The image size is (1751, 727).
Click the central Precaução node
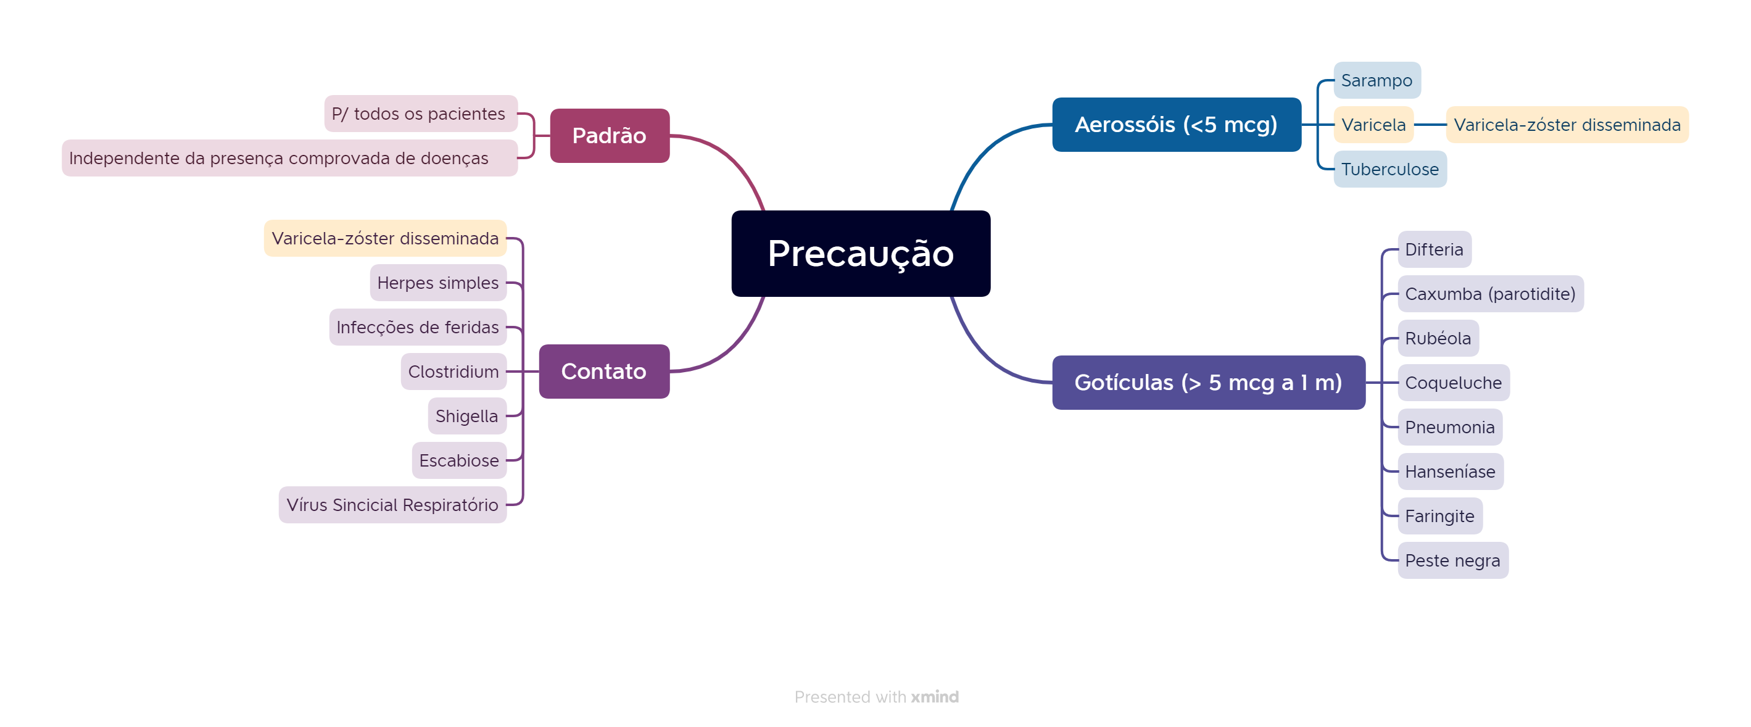click(861, 254)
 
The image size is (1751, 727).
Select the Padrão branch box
click(610, 135)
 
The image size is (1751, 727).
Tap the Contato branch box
click(604, 372)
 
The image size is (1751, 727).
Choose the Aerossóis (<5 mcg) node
click(1177, 125)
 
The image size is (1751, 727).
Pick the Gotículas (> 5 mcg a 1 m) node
click(1209, 382)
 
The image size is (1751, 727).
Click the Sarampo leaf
click(1377, 80)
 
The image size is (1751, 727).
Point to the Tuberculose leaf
click(1390, 169)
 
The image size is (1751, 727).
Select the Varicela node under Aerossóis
click(1374, 125)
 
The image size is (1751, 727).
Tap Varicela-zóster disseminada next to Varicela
click(1567, 125)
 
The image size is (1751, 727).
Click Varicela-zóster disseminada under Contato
click(386, 238)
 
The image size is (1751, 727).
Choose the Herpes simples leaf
click(439, 282)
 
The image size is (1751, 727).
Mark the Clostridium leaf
click(454, 372)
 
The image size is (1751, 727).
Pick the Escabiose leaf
click(460, 460)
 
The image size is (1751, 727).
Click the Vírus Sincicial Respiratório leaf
click(393, 505)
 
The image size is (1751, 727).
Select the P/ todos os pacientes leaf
click(421, 114)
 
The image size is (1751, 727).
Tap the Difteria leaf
click(1434, 249)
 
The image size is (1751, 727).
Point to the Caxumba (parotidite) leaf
click(1491, 294)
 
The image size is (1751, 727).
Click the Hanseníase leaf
click(1451, 472)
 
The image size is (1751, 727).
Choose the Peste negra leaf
click(1453, 560)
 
